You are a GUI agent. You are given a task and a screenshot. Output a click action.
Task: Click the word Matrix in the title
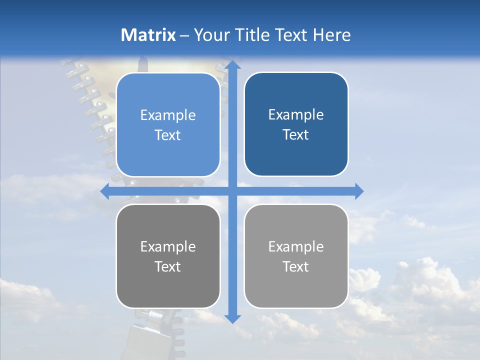point(148,35)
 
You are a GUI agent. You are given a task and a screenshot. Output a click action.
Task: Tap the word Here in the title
point(332,35)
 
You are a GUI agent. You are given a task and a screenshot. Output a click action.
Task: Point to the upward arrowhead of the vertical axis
point(232,65)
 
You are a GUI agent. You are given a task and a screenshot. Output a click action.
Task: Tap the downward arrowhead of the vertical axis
point(232,318)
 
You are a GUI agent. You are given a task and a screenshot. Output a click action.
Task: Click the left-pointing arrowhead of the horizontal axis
point(105,191)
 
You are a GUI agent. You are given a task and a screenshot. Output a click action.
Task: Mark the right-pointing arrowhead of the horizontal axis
point(359,191)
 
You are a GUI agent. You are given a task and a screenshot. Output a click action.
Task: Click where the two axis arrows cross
point(232,191)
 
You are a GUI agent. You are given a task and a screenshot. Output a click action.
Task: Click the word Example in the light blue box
point(168,115)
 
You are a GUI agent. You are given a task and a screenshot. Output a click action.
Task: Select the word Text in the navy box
point(296,135)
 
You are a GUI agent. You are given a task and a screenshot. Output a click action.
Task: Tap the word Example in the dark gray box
point(168,247)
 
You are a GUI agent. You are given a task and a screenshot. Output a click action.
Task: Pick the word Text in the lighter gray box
point(296,267)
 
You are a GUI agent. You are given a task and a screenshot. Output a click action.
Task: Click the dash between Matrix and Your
point(185,35)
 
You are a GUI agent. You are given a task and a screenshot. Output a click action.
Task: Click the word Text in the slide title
point(291,35)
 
